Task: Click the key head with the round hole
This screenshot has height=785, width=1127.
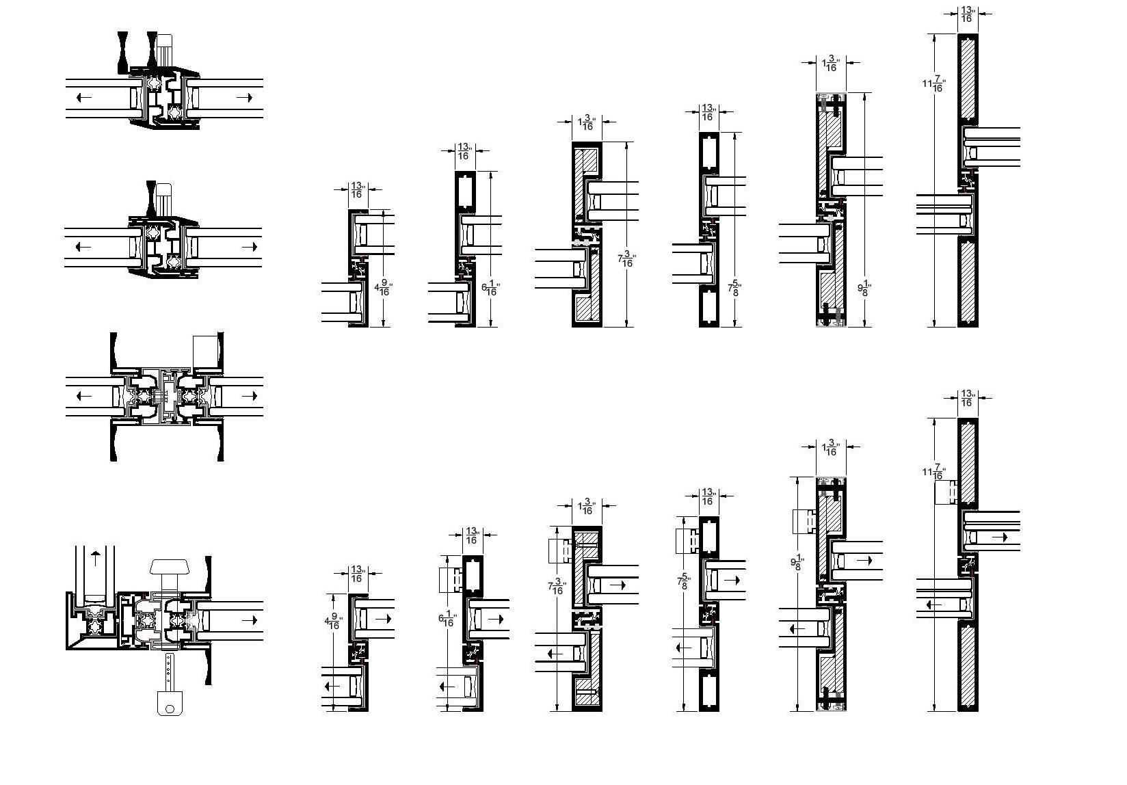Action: coord(170,702)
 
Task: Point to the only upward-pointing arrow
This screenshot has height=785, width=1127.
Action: coord(94,555)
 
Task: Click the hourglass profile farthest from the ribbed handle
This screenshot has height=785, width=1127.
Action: coord(123,52)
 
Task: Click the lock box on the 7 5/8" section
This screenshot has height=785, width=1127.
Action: coord(686,541)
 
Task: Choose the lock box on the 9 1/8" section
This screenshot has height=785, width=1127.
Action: coord(804,522)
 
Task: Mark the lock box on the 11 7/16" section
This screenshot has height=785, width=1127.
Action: coord(946,492)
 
